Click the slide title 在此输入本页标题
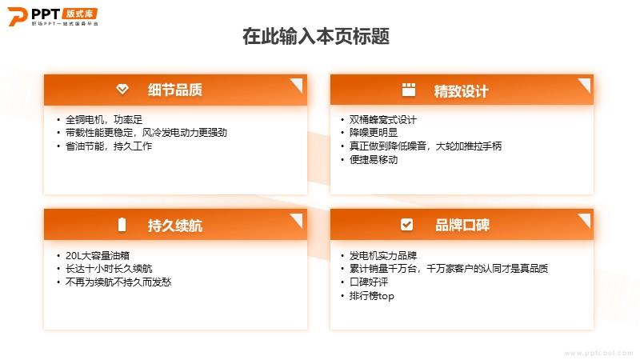pos(316,36)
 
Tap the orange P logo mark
pos(17,16)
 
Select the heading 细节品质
pos(175,90)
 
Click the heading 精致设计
pos(462,91)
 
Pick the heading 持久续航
pos(175,226)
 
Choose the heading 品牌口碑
pos(462,225)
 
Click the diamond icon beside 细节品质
pos(122,89)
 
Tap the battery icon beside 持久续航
pos(122,225)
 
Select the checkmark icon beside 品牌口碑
pos(406,224)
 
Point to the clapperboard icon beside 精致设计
pos(409,90)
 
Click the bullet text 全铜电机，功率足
pos(104,119)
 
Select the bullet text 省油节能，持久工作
pos(109,146)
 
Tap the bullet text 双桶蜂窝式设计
pos(383,119)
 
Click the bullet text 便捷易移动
pos(374,159)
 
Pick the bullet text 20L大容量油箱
pos(97,255)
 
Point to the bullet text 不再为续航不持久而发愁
pos(118,282)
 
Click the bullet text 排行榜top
pos(372,296)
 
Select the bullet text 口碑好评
pos(369,282)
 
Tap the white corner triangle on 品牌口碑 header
pos(586,218)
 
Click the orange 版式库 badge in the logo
pos(80,14)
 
